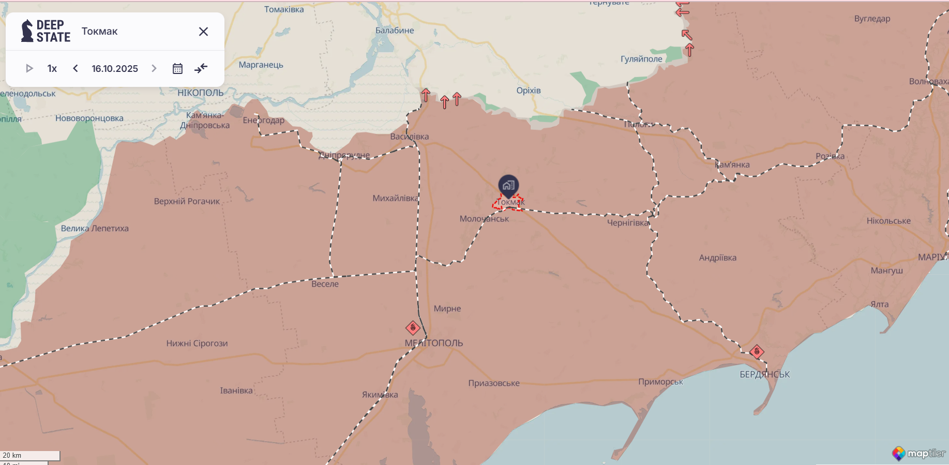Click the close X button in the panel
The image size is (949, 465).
pyautogui.click(x=203, y=32)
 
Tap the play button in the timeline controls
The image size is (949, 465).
pyautogui.click(x=29, y=68)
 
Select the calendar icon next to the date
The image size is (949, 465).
pyautogui.click(x=177, y=68)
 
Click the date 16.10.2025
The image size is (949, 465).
pyautogui.click(x=115, y=68)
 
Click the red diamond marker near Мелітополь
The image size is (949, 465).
pyautogui.click(x=413, y=327)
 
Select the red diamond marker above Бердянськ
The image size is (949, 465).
pyautogui.click(x=757, y=352)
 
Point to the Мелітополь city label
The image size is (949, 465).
pyautogui.click(x=433, y=343)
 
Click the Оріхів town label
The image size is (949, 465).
pyautogui.click(x=529, y=91)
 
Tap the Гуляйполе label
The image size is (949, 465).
pyautogui.click(x=641, y=59)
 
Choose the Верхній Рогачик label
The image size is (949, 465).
pyautogui.click(x=187, y=201)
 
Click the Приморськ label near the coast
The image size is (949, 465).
pyautogui.click(x=660, y=382)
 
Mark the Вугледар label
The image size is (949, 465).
pyautogui.click(x=872, y=19)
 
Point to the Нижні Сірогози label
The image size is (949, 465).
pyautogui.click(x=197, y=343)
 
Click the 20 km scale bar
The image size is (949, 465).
pyautogui.click(x=30, y=456)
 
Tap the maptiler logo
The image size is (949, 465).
pyautogui.click(x=919, y=454)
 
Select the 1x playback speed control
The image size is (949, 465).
pyautogui.click(x=52, y=68)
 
